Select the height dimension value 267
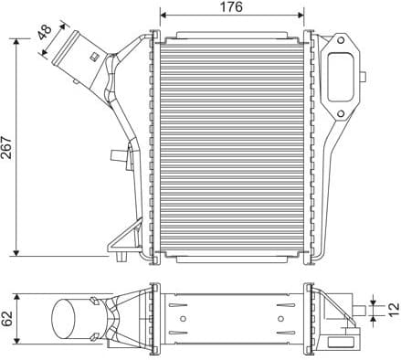pos(8,146)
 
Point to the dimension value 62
pos(8,318)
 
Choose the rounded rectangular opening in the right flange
pos(342,79)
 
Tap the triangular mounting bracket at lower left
pos(121,242)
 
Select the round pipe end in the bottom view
pos(66,319)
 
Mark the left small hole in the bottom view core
pos(185,318)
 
